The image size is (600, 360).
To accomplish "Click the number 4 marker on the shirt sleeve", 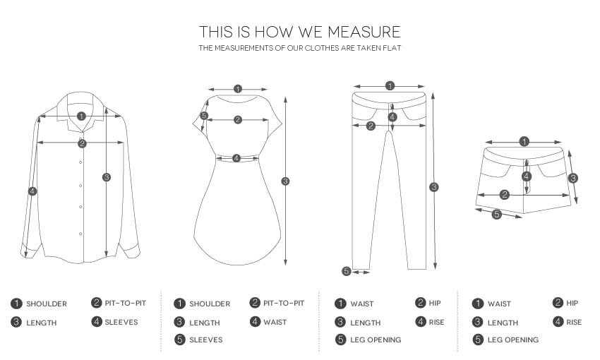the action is click(x=32, y=191).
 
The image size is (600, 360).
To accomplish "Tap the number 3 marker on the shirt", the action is click(x=107, y=177).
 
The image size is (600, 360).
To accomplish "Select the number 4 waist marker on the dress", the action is click(x=236, y=158).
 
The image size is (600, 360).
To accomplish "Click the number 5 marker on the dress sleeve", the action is click(x=204, y=116).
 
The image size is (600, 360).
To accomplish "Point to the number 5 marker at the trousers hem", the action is click(x=347, y=271).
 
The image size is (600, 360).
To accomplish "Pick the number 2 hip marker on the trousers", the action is click(x=371, y=126).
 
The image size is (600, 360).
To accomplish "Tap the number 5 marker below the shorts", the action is click(x=496, y=215).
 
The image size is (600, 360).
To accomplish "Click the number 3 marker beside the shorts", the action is click(x=573, y=178).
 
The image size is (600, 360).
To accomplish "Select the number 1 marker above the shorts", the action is click(x=524, y=142).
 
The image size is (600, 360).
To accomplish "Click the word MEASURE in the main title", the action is click(x=364, y=32).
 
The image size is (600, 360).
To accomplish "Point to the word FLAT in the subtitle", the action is click(x=392, y=48).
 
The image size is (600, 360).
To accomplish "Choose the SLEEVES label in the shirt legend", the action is click(x=121, y=322).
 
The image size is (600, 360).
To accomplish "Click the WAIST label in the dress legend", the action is click(x=275, y=322).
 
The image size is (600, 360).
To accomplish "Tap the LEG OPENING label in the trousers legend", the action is click(x=376, y=340).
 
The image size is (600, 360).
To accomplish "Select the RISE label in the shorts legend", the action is click(x=574, y=322).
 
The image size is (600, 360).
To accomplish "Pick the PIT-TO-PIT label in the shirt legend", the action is click(x=126, y=303).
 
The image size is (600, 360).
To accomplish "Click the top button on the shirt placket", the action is click(x=80, y=138).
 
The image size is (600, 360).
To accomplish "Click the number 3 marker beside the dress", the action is click(x=285, y=181).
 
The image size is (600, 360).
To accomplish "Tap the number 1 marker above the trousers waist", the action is click(x=390, y=85).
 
